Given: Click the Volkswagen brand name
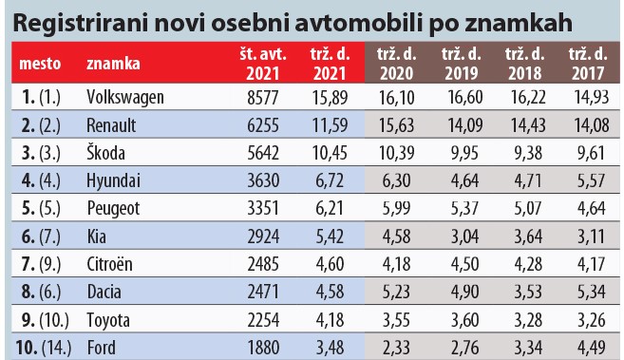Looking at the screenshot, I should coord(124,97).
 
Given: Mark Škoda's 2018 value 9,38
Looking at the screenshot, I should coord(525,151).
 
